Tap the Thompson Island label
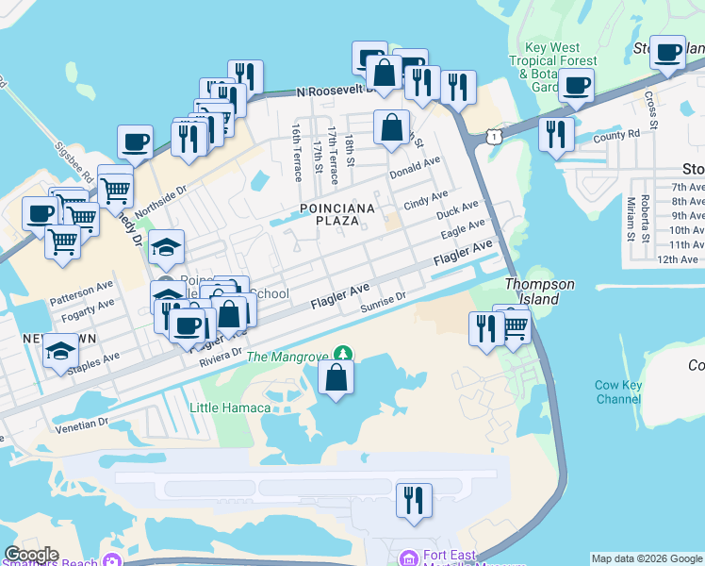pos(538,291)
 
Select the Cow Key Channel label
pos(618,392)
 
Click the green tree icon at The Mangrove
pos(345,354)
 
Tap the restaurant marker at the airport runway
pos(414,501)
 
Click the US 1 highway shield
pos(493,138)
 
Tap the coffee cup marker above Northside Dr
pos(135,142)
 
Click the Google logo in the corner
pos(31,555)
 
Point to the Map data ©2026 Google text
pos(648,558)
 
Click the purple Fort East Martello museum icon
pos(407,557)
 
